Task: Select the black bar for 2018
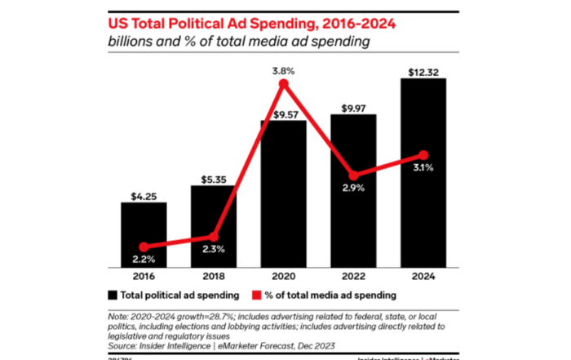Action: pyautogui.click(x=214, y=225)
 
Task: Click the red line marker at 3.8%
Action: pyautogui.click(x=284, y=83)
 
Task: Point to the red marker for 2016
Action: pyautogui.click(x=144, y=246)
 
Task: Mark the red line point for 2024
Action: pyautogui.click(x=423, y=154)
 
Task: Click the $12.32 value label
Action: pyautogui.click(x=423, y=70)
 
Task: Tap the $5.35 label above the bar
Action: pyautogui.click(x=214, y=176)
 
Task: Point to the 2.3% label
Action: pyautogui.click(x=214, y=250)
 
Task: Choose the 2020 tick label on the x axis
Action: pyautogui.click(x=283, y=277)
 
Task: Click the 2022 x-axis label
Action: pyautogui.click(x=353, y=277)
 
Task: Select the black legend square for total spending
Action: pyautogui.click(x=112, y=293)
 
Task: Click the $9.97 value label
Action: pyautogui.click(x=353, y=106)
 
